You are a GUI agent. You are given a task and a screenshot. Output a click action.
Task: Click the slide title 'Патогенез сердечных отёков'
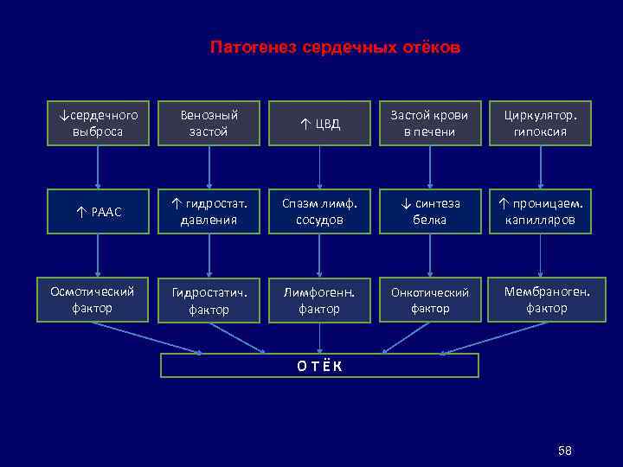(335, 48)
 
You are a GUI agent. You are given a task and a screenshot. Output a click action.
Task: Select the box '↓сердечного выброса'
(98, 123)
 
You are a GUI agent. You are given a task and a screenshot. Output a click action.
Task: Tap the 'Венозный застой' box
(209, 123)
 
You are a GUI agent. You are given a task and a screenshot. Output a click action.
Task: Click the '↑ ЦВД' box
(319, 124)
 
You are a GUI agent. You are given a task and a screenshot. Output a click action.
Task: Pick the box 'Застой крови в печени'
(430, 123)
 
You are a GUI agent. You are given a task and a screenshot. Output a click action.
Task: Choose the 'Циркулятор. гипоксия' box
(541, 123)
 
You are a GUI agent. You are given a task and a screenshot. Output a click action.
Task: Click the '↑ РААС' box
(98, 212)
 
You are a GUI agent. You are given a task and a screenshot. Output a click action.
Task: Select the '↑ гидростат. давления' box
(209, 212)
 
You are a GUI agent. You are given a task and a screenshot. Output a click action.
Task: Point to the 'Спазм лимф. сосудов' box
(319, 212)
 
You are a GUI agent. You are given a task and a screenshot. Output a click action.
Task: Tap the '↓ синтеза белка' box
(430, 212)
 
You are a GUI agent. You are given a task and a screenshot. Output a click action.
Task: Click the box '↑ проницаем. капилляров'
(541, 212)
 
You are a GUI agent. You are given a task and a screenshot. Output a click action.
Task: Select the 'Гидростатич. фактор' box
(209, 300)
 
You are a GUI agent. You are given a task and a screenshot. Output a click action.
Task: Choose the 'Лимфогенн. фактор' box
(319, 300)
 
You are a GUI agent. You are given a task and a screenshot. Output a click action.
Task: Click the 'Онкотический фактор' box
(430, 300)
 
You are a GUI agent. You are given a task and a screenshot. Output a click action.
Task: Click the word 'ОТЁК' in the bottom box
(319, 366)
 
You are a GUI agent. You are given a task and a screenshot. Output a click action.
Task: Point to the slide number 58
(565, 451)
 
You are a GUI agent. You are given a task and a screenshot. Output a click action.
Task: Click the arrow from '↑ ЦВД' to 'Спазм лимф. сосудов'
(319, 167)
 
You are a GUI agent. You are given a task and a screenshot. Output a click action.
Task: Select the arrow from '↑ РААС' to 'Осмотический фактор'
(98, 255)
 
